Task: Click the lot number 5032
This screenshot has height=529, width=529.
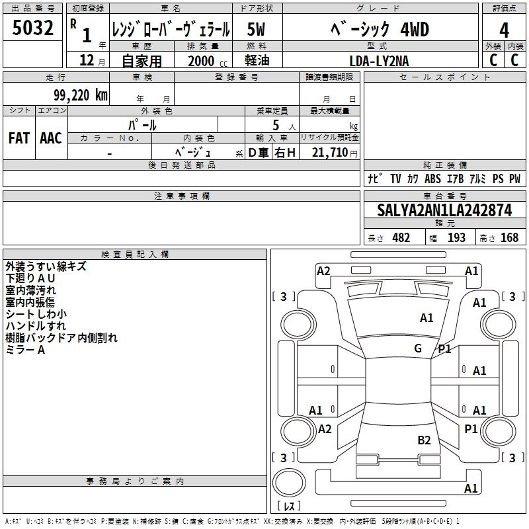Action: [x=32, y=30]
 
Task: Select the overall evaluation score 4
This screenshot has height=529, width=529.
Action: [x=504, y=30]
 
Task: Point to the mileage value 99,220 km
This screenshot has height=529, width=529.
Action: [x=80, y=95]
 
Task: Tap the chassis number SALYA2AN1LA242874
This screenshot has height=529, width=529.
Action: [x=444, y=211]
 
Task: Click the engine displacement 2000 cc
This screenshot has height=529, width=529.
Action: [x=202, y=61]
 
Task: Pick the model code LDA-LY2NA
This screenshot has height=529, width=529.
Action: [x=380, y=61]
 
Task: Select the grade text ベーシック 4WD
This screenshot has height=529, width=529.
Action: [x=379, y=30]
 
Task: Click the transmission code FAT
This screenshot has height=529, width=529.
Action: [x=19, y=138]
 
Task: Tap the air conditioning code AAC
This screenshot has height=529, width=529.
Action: [x=50, y=138]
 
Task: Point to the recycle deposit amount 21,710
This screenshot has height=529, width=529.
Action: [x=325, y=153]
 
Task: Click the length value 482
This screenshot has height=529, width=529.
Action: [x=401, y=238]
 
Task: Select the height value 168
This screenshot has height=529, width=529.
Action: [x=509, y=238]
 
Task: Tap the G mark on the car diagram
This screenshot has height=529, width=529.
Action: [x=418, y=348]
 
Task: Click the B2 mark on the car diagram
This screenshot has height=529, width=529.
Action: [x=424, y=440]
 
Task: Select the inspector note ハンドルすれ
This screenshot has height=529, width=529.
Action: [x=35, y=326]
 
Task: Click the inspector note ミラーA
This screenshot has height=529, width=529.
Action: [x=25, y=350]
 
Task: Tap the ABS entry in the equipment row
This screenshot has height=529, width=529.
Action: [x=432, y=179]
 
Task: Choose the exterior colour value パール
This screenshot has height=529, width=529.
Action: [x=142, y=124]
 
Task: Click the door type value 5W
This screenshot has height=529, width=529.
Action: [x=257, y=30]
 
